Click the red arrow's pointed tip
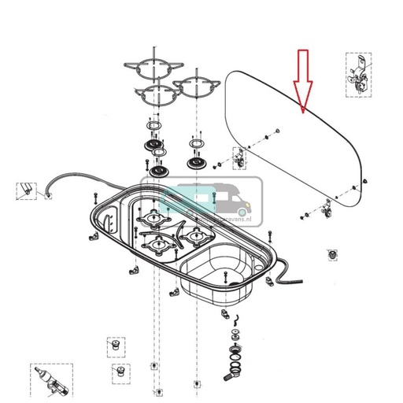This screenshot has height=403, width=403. coord(304,113)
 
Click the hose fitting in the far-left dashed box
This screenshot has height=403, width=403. coord(28,190)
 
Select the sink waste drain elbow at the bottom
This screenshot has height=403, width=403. coord(233,369)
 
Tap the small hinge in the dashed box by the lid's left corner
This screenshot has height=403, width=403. coord(238,159)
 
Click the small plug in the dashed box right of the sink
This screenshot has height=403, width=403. coord(334,256)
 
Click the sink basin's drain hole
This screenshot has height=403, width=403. coord(227,281)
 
